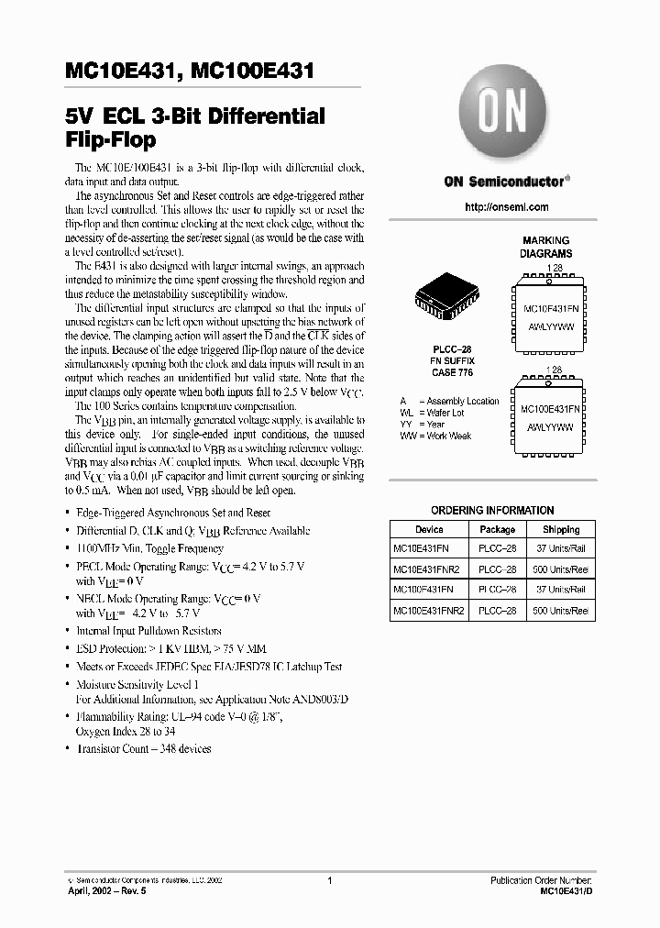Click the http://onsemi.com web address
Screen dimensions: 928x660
(x=506, y=207)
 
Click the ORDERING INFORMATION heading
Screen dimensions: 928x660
(x=492, y=511)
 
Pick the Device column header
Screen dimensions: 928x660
(x=429, y=529)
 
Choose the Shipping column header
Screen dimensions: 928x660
(x=560, y=529)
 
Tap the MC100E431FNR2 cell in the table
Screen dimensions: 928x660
(x=429, y=610)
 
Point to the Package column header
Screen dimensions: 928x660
(x=498, y=529)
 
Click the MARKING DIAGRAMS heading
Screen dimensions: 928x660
(x=545, y=247)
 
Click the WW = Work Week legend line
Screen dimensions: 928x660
(x=435, y=436)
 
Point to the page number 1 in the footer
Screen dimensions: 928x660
(x=329, y=879)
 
